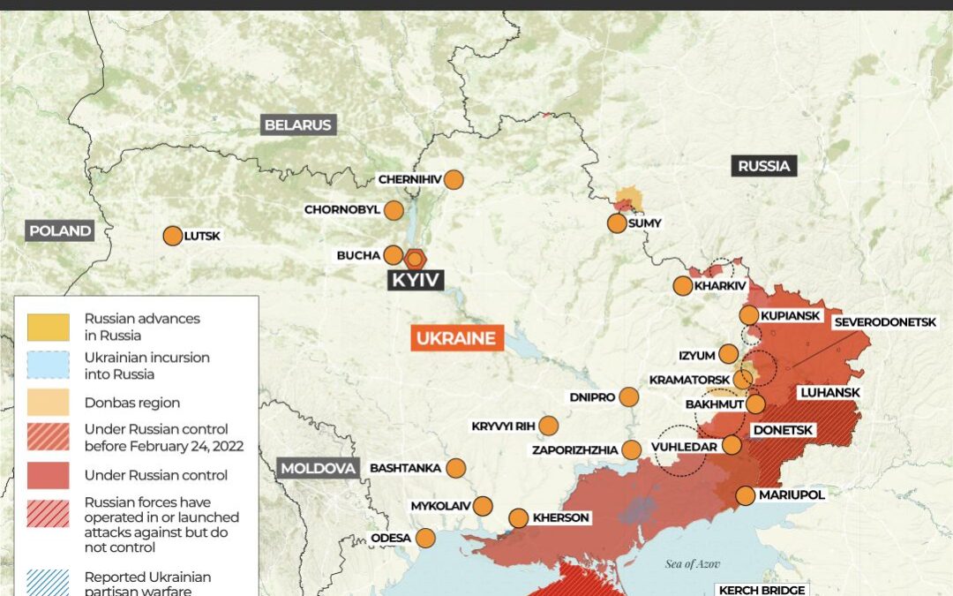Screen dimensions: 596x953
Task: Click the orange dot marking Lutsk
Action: (x=173, y=236)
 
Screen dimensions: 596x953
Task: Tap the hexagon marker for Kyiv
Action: (x=415, y=259)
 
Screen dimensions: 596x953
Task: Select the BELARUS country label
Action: (x=298, y=125)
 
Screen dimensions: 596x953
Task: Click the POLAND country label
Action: (x=60, y=231)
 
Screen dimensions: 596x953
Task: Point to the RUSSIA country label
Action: (x=764, y=166)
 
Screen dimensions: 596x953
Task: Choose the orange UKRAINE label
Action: (x=456, y=339)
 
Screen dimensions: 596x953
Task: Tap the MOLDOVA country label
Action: (x=319, y=468)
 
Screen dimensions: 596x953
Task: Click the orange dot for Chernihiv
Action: (x=454, y=179)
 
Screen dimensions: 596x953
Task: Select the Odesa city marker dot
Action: (x=425, y=538)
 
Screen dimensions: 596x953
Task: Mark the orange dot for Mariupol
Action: (x=746, y=495)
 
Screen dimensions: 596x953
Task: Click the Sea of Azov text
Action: (x=694, y=563)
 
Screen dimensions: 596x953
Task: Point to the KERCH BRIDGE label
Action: (x=762, y=590)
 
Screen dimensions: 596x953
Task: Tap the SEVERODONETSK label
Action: (x=884, y=322)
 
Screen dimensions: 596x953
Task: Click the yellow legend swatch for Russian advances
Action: (x=48, y=327)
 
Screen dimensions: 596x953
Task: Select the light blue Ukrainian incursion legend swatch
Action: (x=48, y=366)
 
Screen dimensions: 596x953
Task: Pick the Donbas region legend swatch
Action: (x=48, y=403)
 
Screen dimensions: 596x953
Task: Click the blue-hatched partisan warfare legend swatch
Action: (x=48, y=583)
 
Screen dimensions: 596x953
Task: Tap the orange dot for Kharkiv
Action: (x=683, y=286)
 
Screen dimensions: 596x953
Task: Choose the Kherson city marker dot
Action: (x=518, y=518)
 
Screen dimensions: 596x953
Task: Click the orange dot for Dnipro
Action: (x=628, y=397)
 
